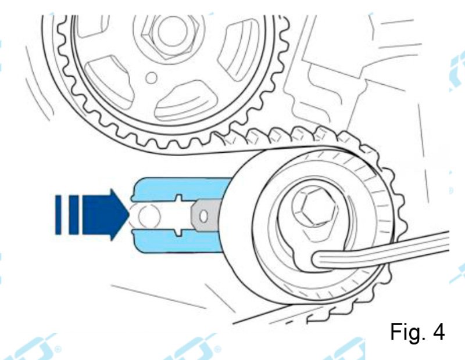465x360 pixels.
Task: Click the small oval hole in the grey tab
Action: (203, 216)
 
